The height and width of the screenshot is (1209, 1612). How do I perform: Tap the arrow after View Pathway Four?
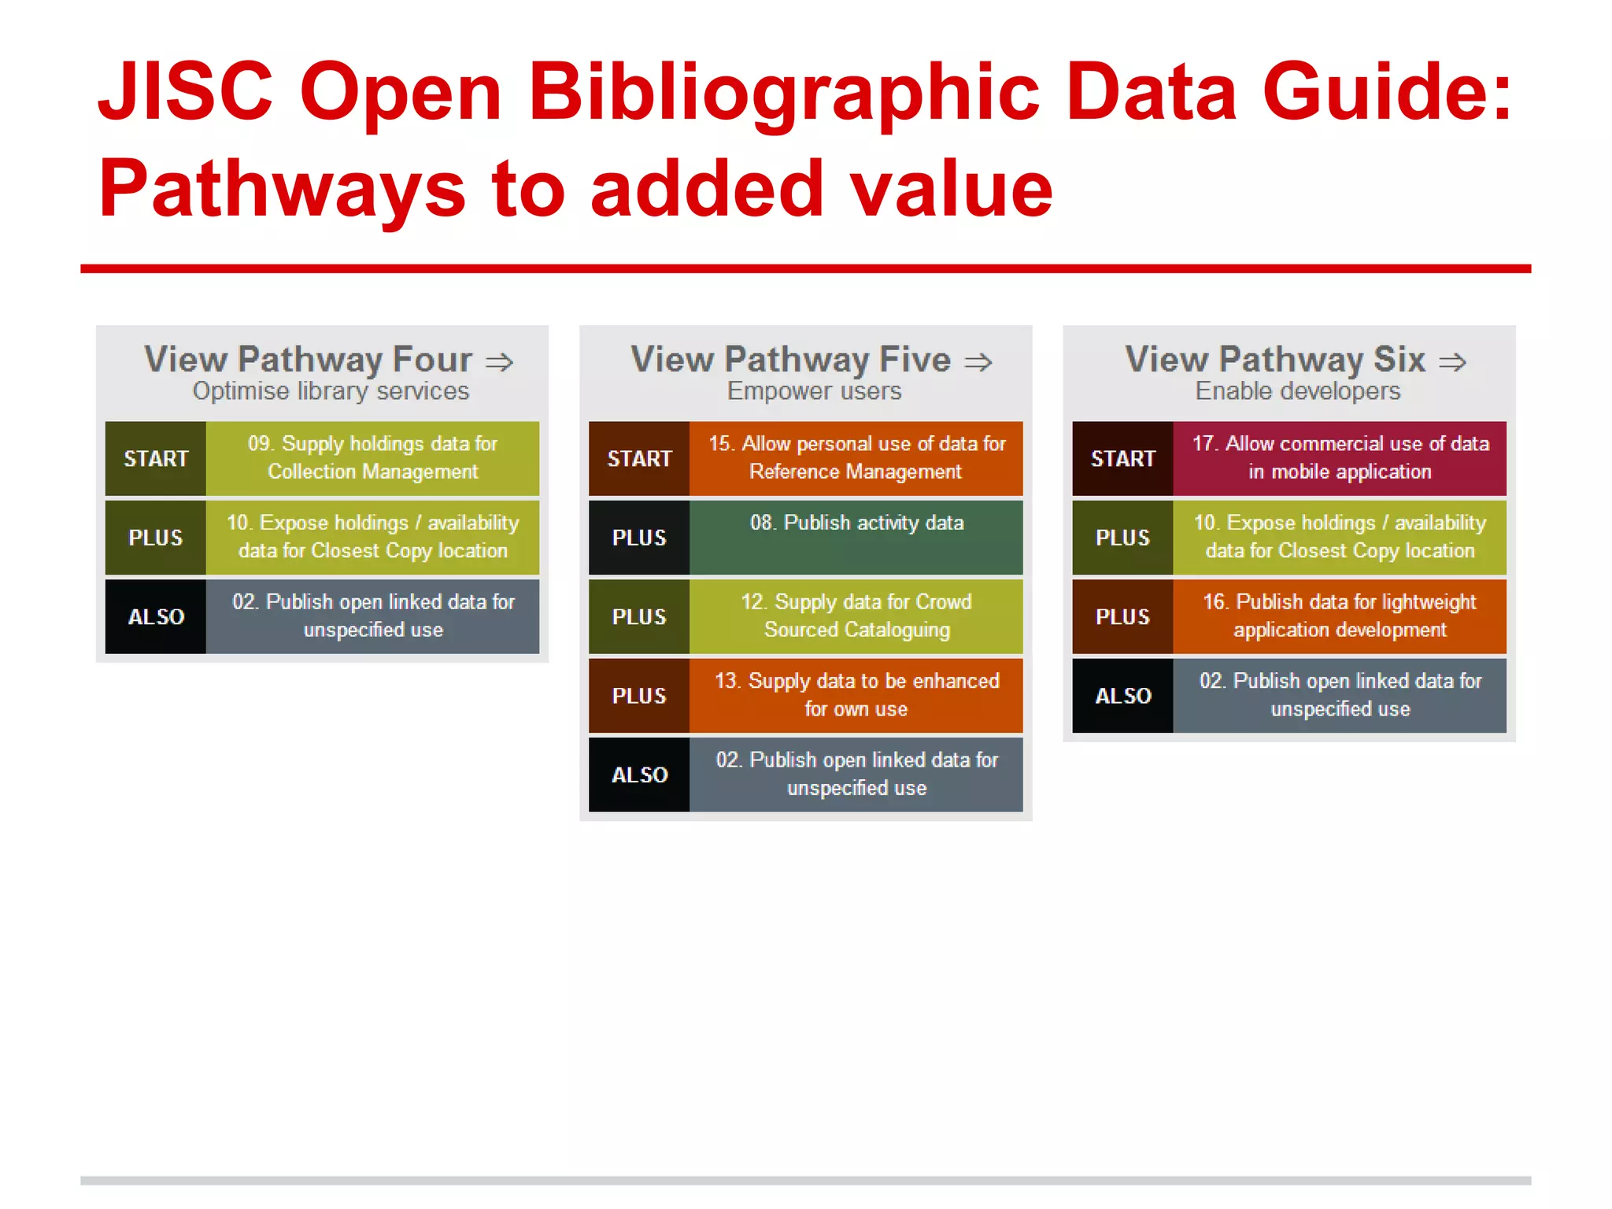(499, 362)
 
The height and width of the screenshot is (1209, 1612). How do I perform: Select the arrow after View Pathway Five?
(978, 362)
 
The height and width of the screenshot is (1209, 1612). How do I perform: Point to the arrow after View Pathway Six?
(1452, 362)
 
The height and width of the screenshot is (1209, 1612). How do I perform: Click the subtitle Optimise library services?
(331, 391)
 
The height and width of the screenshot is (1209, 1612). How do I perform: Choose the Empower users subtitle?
(814, 391)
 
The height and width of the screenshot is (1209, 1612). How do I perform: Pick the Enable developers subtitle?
(1298, 391)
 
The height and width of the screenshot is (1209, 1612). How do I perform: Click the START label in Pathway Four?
(156, 459)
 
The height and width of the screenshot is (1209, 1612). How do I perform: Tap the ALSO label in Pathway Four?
(156, 617)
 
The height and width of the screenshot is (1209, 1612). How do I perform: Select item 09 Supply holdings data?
(372, 458)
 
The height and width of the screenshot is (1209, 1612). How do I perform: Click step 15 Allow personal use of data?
(856, 458)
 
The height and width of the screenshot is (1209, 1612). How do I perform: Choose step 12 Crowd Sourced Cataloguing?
(856, 616)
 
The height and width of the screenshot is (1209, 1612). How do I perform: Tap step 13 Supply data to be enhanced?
(856, 695)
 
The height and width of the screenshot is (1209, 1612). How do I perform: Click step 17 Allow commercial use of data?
(1340, 458)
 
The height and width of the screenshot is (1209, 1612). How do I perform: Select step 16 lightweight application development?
(1340, 616)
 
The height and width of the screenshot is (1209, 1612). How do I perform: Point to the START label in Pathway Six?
(1122, 459)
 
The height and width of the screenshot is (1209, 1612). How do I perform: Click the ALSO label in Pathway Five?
(639, 775)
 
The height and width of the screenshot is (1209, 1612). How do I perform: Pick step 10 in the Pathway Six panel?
(1340, 537)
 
